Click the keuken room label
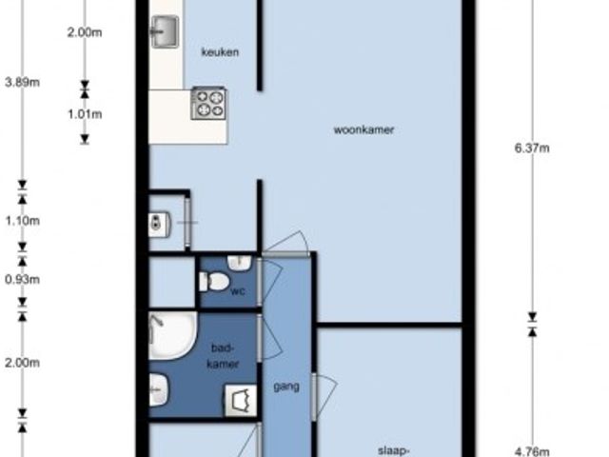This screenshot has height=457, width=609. pyautogui.click(x=220, y=51)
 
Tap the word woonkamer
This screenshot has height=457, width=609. pyautogui.click(x=363, y=129)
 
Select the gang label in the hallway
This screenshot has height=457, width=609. pyautogui.click(x=286, y=387)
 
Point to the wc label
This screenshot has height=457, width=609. pyautogui.click(x=238, y=290)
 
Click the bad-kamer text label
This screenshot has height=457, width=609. pyautogui.click(x=223, y=355)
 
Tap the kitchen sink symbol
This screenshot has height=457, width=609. pyautogui.click(x=165, y=31)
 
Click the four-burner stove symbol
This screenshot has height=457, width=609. pyautogui.click(x=208, y=104)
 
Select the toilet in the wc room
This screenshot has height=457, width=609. pyautogui.click(x=213, y=282)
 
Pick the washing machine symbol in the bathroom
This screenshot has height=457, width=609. pyautogui.click(x=241, y=400)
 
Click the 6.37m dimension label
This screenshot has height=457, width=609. pyautogui.click(x=532, y=149)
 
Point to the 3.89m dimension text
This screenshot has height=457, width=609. pyautogui.click(x=22, y=83)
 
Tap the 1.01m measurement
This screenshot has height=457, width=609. pyautogui.click(x=85, y=114)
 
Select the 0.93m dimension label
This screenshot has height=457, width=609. pyautogui.click(x=22, y=279)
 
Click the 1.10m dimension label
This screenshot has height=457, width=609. pyautogui.click(x=22, y=221)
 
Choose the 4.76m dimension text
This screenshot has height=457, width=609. pyautogui.click(x=532, y=451)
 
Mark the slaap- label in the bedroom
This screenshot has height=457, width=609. pyautogui.click(x=393, y=451)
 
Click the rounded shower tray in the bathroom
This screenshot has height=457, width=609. pyautogui.click(x=173, y=336)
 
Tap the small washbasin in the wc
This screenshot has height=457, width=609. pyautogui.click(x=239, y=263)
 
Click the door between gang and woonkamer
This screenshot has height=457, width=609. pyautogui.click(x=285, y=254)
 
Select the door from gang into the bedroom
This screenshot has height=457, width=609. pyautogui.click(x=315, y=397)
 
